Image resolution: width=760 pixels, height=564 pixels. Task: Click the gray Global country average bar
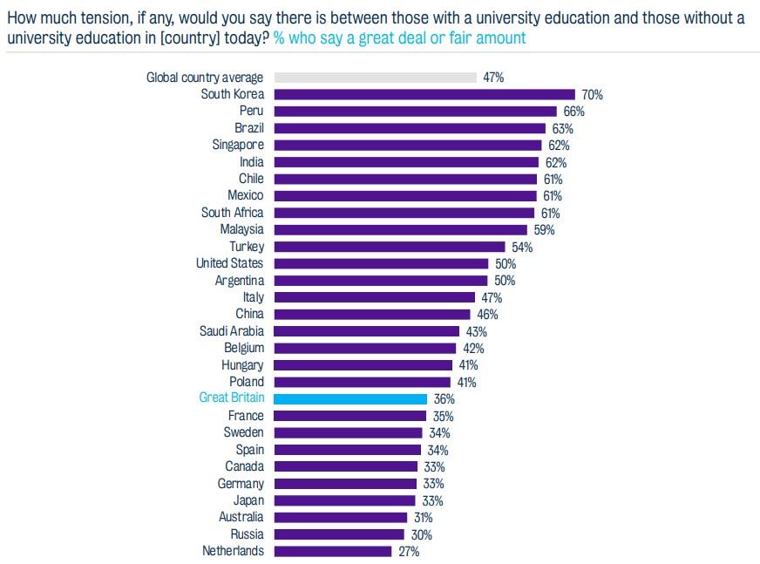pyautogui.click(x=376, y=78)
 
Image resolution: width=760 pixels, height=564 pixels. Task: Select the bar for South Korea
pyautogui.click(x=424, y=94)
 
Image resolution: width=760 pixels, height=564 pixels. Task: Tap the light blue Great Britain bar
pyautogui.click(x=350, y=398)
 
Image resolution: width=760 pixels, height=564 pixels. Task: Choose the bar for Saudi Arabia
pyautogui.click(x=367, y=331)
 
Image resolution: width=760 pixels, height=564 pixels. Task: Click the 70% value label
pyautogui.click(x=592, y=95)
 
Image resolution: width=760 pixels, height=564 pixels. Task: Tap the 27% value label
pyautogui.click(x=409, y=552)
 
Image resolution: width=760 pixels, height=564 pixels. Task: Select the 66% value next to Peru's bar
pyautogui.click(x=573, y=112)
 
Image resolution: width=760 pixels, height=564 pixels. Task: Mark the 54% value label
pyautogui.click(x=522, y=248)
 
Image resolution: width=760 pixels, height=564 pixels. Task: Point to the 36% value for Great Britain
pyautogui.click(x=444, y=399)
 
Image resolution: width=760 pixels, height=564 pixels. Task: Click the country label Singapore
pyautogui.click(x=238, y=145)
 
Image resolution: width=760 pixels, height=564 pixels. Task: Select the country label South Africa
pyautogui.click(x=232, y=213)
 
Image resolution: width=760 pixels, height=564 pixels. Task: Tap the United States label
pyautogui.click(x=229, y=263)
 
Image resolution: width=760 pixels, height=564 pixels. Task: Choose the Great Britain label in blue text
pyautogui.click(x=231, y=398)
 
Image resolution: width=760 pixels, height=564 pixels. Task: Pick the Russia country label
pyautogui.click(x=247, y=534)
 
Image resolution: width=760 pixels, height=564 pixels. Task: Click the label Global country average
pyautogui.click(x=204, y=78)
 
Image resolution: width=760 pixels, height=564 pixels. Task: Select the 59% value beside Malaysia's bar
pyautogui.click(x=544, y=230)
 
